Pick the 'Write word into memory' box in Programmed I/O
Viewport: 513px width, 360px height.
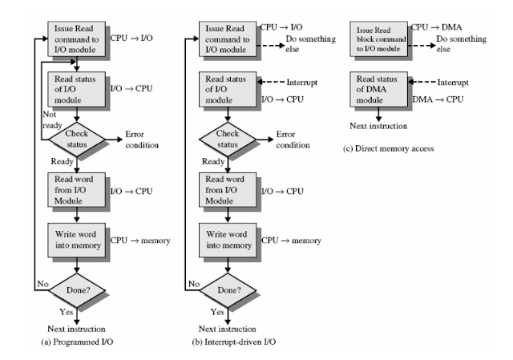[75, 242]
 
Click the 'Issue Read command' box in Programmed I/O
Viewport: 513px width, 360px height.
[75, 36]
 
